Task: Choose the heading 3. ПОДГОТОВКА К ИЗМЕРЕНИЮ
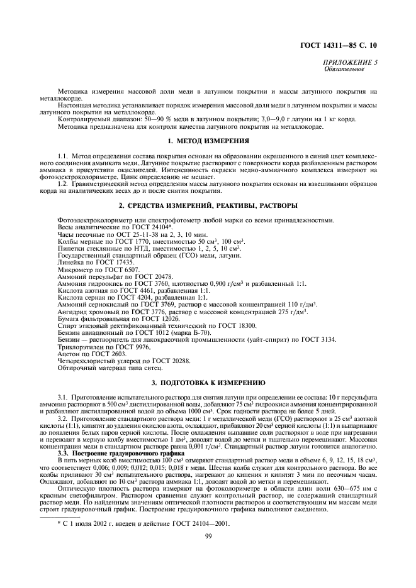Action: click(207, 382)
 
